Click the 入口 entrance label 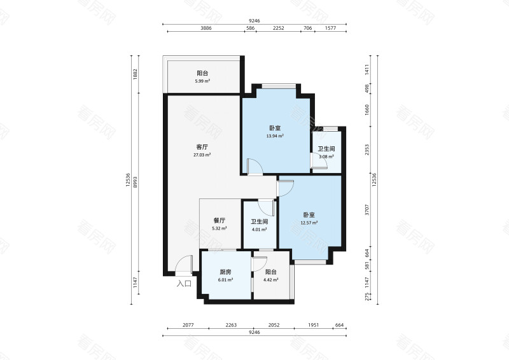tap(184, 284)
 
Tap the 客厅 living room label tap(202, 147)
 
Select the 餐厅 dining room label tap(220, 221)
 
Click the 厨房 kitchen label tap(226, 272)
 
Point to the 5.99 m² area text tap(202, 81)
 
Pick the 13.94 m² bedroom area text tap(275, 136)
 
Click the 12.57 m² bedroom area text tap(309, 223)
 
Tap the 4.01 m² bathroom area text tap(260, 230)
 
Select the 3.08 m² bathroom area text tap(326, 156)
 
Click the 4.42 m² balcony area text tap(271, 280)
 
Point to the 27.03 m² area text tap(202, 155)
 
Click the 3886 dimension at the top tap(206, 28)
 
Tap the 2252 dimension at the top tap(279, 28)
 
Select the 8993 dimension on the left tap(136, 182)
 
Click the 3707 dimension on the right tap(367, 210)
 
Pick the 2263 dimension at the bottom tap(231, 325)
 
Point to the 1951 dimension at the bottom tap(314, 325)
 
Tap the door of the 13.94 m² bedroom tap(254, 167)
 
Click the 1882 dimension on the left tap(136, 74)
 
